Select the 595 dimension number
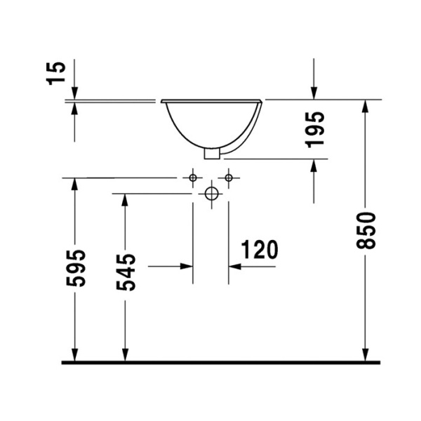click(76, 267)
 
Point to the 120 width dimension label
click(259, 250)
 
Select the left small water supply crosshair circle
click(193, 178)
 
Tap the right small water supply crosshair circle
click(228, 178)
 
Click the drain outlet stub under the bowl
click(210, 152)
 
